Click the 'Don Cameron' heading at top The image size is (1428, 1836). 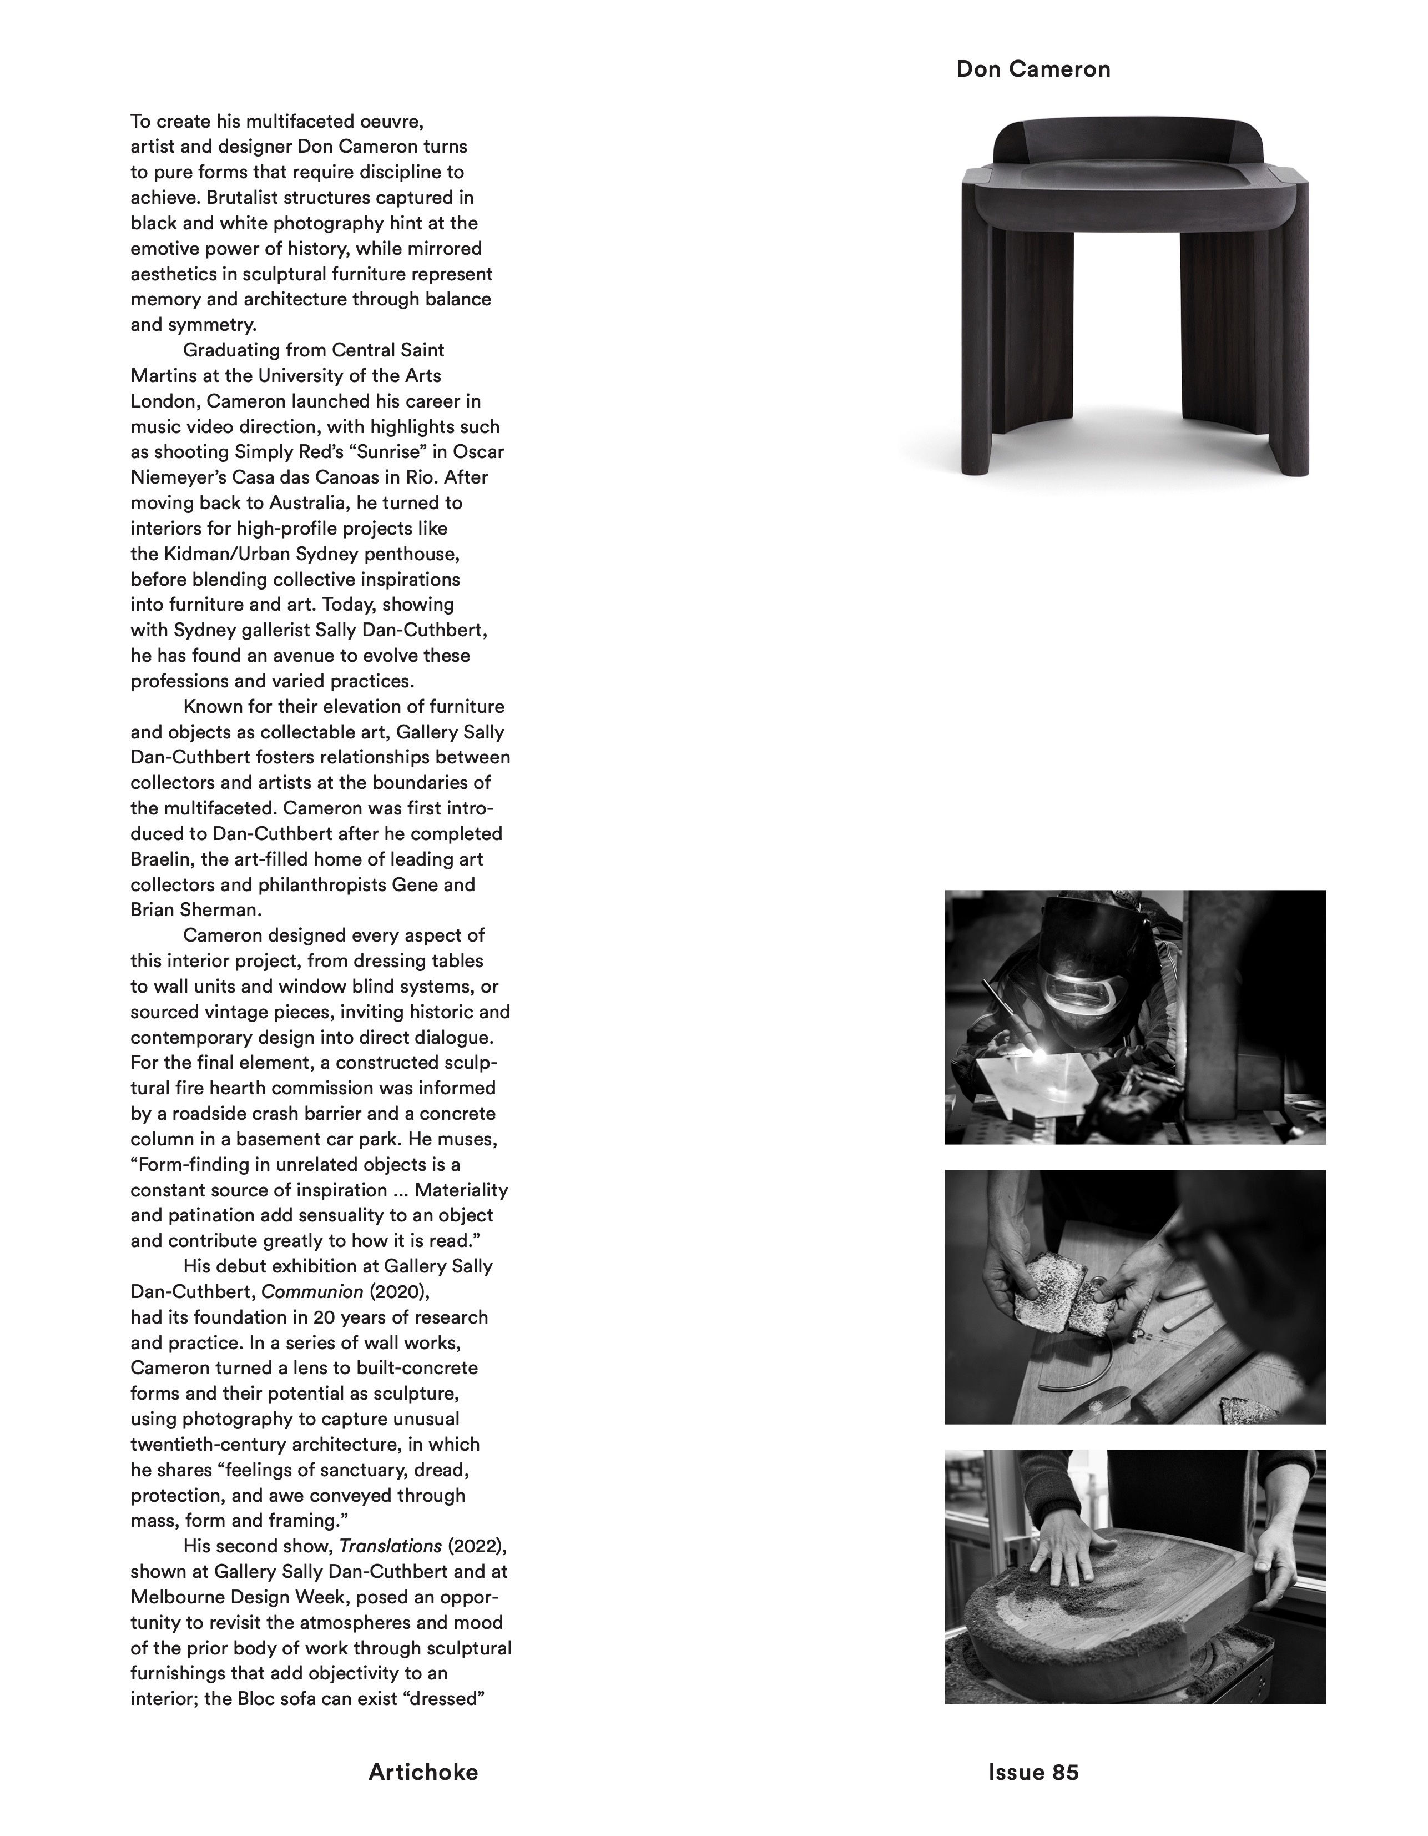pyautogui.click(x=1033, y=69)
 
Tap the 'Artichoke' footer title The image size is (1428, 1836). pyautogui.click(x=423, y=1772)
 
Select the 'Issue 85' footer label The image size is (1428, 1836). pyautogui.click(x=1033, y=1772)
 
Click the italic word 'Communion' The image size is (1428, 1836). pyautogui.click(x=312, y=1291)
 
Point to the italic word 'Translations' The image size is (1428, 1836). pyautogui.click(x=390, y=1546)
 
